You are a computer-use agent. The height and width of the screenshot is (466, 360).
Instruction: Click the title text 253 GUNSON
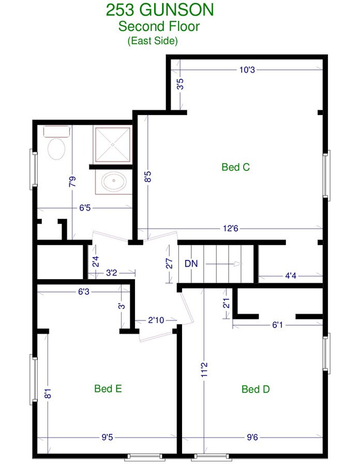coord(160,10)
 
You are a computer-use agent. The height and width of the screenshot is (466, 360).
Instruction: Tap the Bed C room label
coord(236,167)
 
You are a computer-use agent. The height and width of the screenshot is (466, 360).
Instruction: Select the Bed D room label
coord(256,389)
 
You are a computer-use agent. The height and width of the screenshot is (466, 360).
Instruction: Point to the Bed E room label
coord(108,388)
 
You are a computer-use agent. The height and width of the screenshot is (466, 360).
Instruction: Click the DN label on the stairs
coord(191,264)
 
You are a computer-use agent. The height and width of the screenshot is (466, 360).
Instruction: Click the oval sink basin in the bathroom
coord(114,181)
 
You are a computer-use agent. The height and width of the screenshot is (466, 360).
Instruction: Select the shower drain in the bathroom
coord(113,145)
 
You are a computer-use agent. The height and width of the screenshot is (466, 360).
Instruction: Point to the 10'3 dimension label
coord(247,70)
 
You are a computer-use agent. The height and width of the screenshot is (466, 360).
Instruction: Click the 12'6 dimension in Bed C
coord(231,228)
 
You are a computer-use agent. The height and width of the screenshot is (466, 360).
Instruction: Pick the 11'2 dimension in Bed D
coord(204,370)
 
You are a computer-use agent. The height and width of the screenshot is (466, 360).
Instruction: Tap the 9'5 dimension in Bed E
coord(107,438)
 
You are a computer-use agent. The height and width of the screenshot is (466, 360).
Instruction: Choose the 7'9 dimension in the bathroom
coord(72,181)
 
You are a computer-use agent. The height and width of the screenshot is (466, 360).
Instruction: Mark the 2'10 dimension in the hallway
coord(156,320)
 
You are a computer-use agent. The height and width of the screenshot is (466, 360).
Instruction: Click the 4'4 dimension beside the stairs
coord(291,276)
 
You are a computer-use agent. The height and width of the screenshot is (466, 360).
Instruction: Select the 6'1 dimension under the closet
coord(277,325)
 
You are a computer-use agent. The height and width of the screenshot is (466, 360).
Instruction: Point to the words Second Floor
coord(159,26)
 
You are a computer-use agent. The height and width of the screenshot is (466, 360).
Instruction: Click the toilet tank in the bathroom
coord(56,132)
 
